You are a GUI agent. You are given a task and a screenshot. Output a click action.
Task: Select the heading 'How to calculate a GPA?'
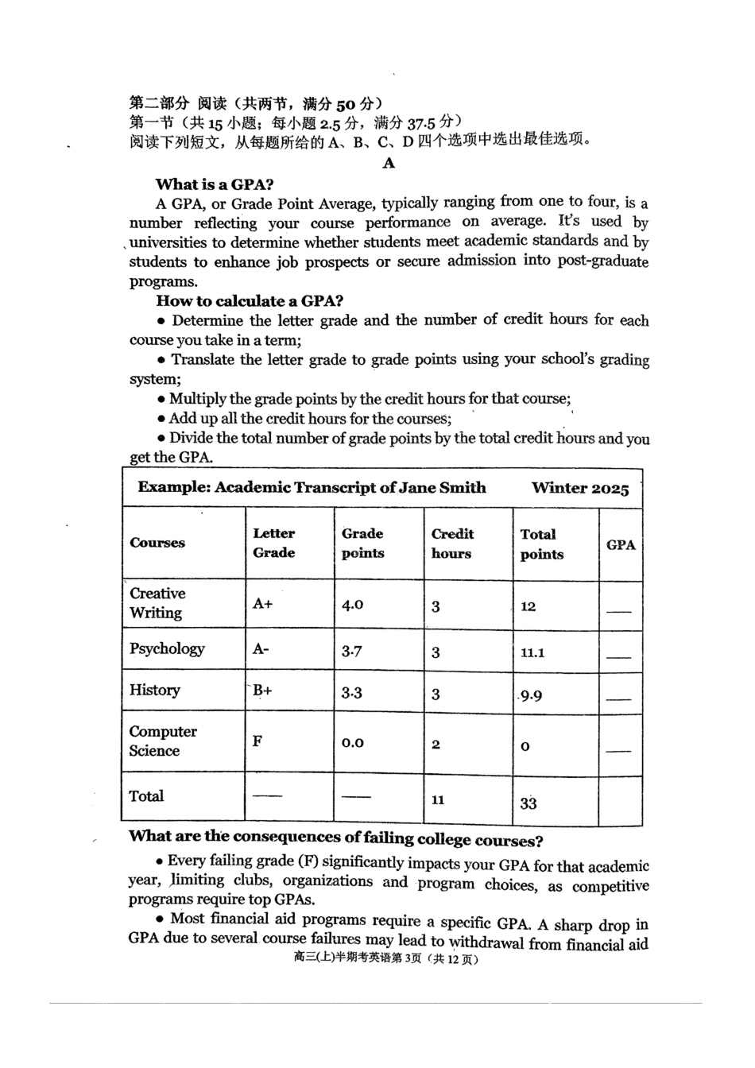pos(249,300)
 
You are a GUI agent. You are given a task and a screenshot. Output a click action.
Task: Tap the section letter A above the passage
pos(389,163)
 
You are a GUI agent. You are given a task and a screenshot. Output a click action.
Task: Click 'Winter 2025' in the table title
pos(580,488)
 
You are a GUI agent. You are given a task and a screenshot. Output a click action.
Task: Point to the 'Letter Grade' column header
pos(274,543)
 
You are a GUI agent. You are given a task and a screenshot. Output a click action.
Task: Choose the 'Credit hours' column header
pos(452,544)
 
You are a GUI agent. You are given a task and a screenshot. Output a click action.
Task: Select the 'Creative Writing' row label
pos(157,603)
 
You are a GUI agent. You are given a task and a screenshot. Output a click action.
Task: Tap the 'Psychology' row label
pos(167,648)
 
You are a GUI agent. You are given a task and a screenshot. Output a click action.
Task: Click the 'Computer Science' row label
pos(163,741)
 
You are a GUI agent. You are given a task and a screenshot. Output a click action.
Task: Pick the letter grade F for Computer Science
pos(257,741)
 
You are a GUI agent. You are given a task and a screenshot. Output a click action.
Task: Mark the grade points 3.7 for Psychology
pos(352,652)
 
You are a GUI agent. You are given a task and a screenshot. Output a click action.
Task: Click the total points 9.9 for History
pos(531,696)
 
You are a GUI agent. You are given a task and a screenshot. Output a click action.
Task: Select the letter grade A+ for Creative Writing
pos(262,604)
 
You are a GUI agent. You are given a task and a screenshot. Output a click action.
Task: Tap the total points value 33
pos(528,803)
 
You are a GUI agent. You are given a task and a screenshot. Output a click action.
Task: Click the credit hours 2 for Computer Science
pos(436,745)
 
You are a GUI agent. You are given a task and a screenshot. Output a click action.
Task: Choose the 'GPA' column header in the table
pos(621,545)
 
